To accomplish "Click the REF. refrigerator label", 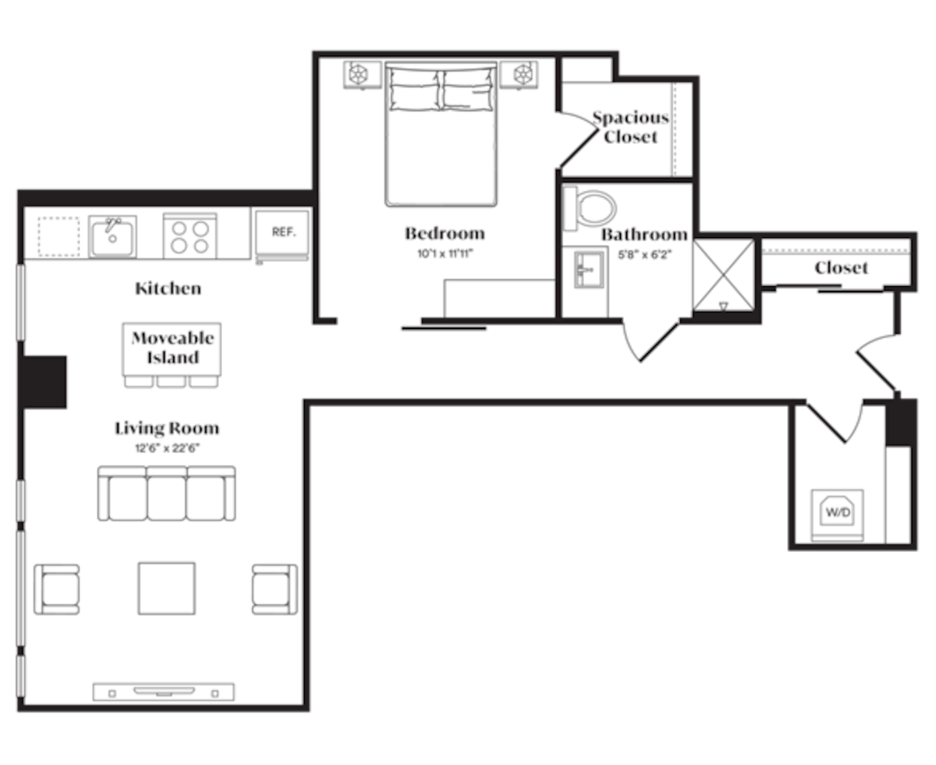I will (281, 232).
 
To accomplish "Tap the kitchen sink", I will (112, 236).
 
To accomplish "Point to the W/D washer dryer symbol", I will (837, 512).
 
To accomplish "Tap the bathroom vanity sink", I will (585, 269).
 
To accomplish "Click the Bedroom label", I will (444, 233).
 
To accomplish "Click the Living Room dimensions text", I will (167, 448).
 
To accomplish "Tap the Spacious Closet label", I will (630, 127).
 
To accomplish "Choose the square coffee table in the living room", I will (167, 588).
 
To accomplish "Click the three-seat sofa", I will (166, 494).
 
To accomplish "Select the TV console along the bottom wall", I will (164, 691).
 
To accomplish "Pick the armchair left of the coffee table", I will (57, 589).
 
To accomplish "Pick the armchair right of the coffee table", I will (275, 588).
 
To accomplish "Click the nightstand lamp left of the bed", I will (358, 76).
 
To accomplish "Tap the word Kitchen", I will (168, 289).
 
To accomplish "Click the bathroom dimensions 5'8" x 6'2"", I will (644, 253).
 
